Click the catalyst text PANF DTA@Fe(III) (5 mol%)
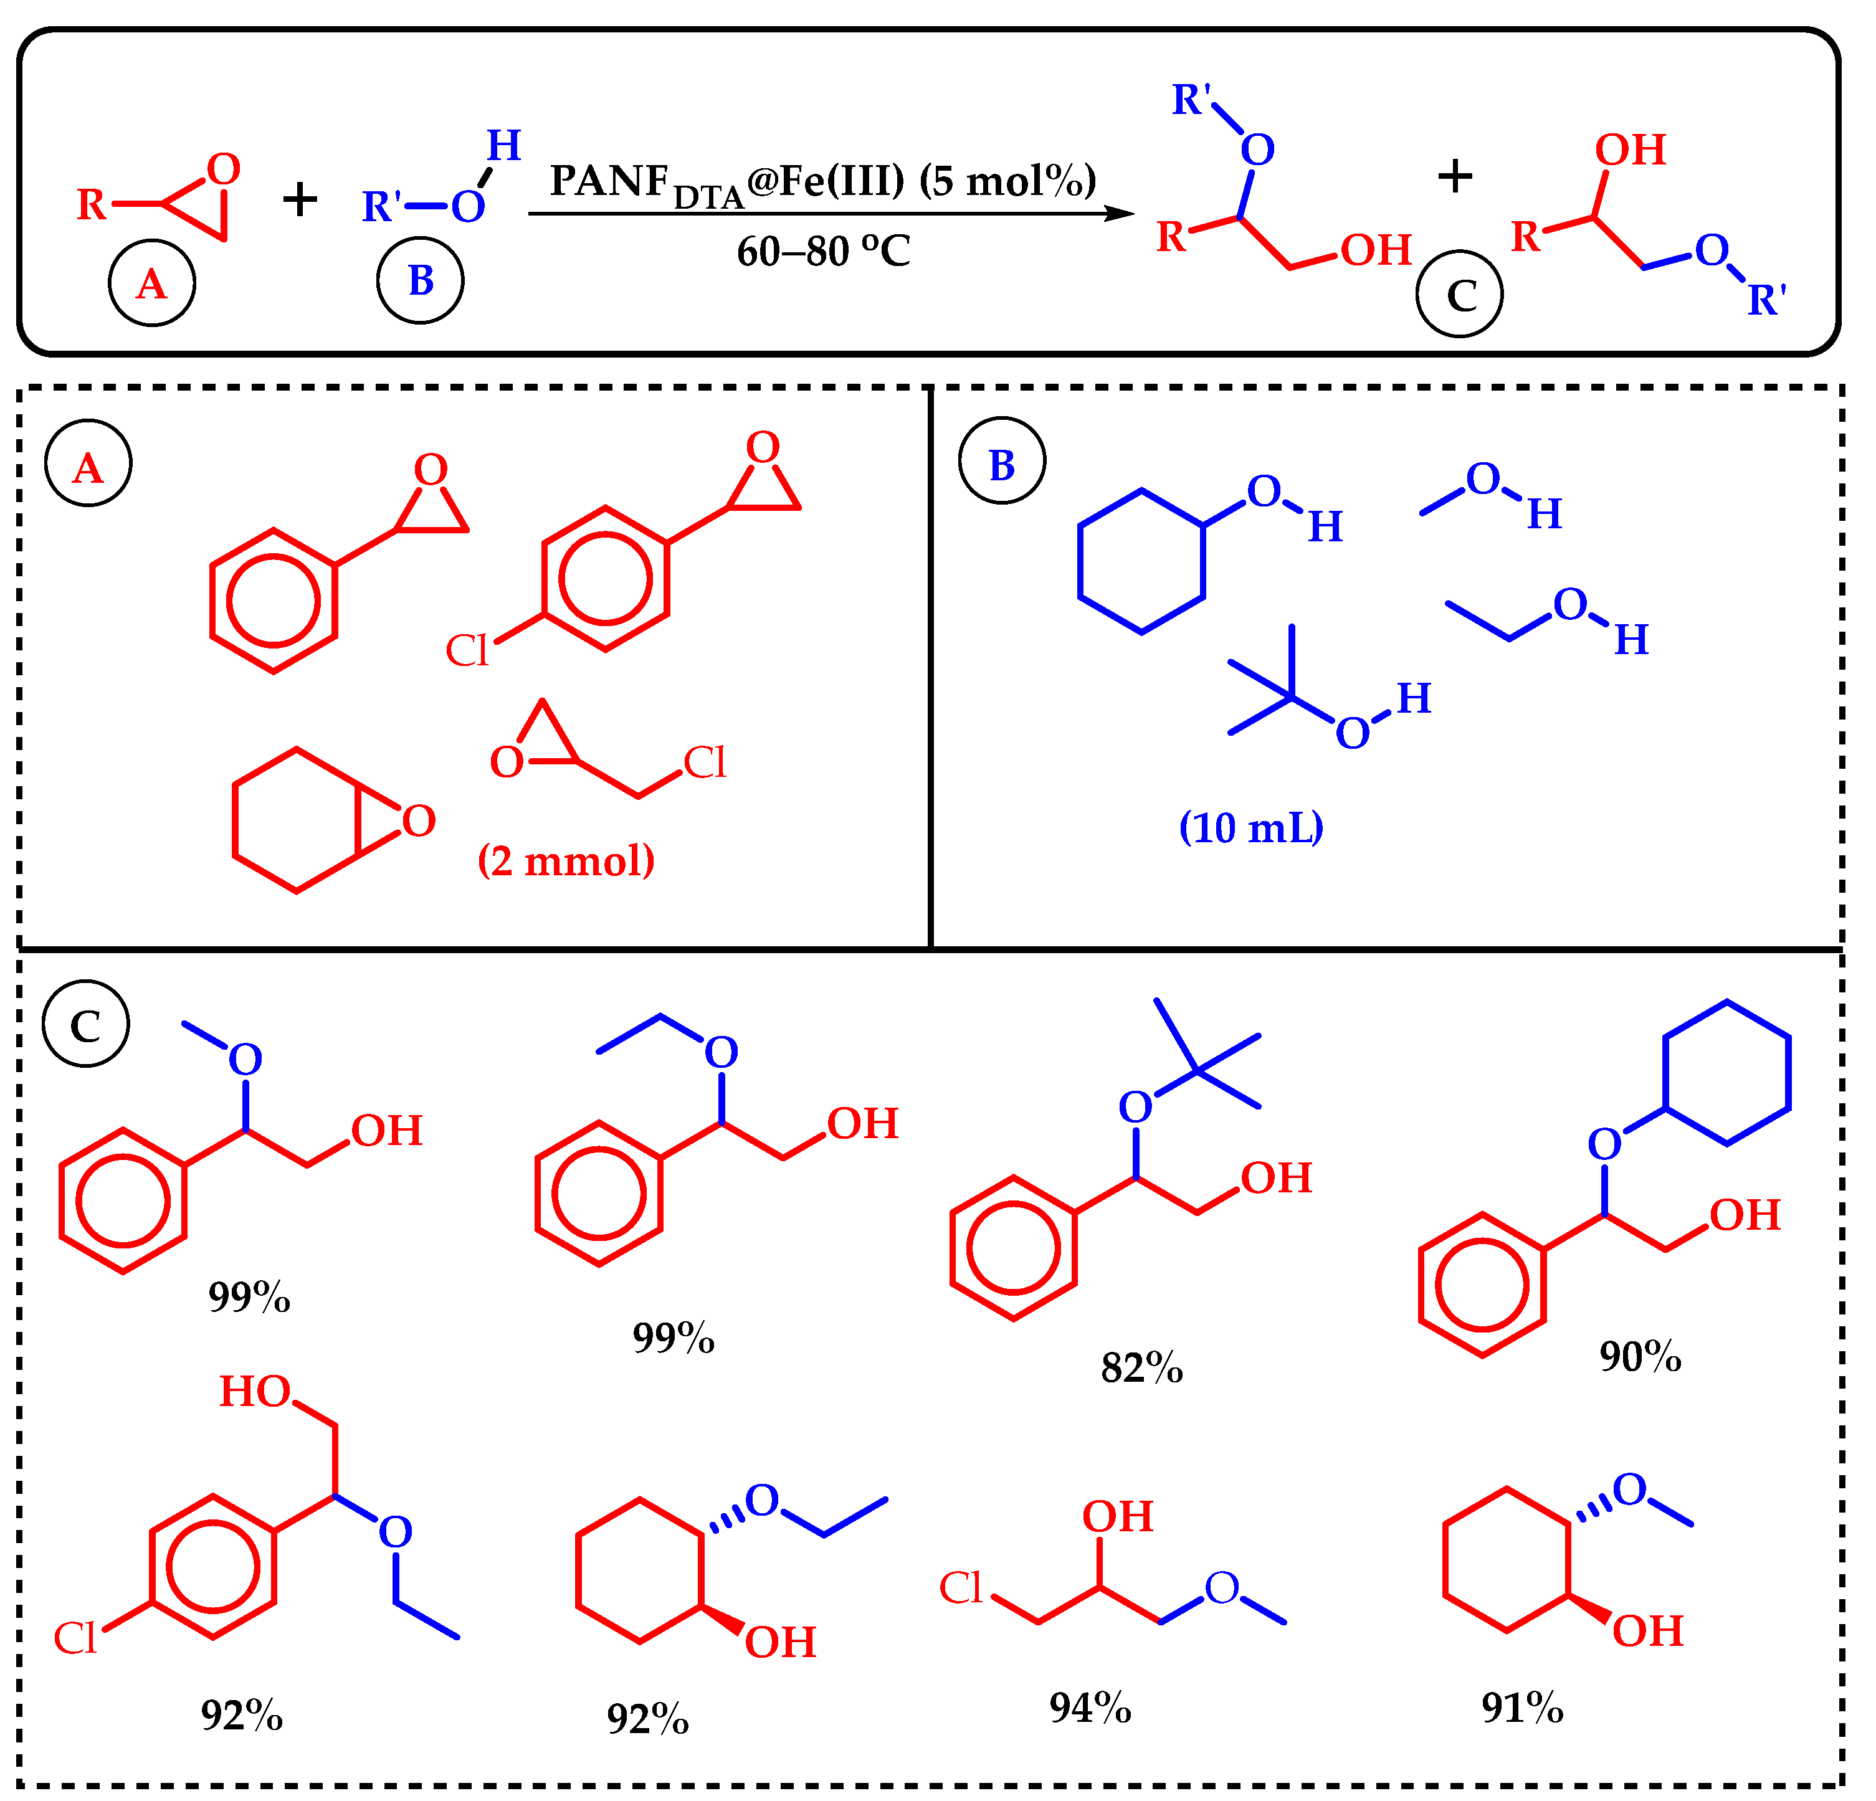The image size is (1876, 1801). click(x=822, y=182)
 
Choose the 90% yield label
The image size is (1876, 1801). click(x=1640, y=1356)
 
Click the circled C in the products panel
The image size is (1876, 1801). click(x=85, y=1024)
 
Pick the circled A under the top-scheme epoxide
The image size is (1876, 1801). click(x=151, y=283)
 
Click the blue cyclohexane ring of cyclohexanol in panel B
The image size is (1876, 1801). click(x=1141, y=562)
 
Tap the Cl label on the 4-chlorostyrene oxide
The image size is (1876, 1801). click(x=467, y=652)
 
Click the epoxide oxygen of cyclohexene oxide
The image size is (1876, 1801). click(x=418, y=820)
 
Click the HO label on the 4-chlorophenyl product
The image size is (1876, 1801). click(x=255, y=1392)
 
